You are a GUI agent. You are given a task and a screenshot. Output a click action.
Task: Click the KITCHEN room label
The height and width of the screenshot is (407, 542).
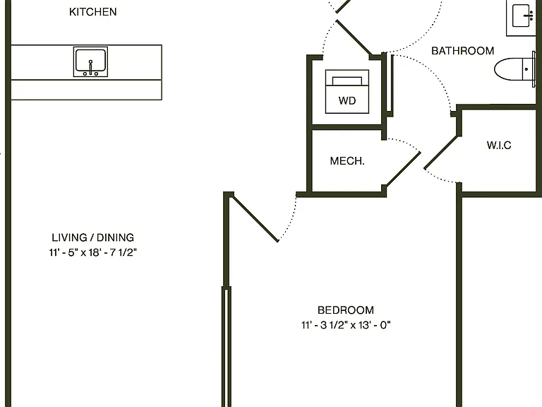92,12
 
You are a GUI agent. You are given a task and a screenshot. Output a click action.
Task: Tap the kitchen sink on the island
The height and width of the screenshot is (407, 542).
90,61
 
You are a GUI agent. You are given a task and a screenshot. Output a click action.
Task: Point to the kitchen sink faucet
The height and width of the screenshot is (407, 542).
90,67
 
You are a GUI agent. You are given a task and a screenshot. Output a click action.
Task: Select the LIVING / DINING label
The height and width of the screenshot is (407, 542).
92,237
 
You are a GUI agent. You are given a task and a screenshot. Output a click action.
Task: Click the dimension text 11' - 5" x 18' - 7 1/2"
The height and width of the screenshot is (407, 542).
92,252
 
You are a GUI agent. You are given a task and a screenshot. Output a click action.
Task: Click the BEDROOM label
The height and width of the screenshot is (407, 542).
346,309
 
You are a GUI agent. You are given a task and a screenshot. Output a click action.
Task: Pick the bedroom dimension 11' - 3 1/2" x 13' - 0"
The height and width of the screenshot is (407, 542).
346,325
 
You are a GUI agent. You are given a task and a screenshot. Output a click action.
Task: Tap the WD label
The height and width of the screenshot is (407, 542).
347,101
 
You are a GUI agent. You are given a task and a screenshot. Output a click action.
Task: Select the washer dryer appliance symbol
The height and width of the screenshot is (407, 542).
347,91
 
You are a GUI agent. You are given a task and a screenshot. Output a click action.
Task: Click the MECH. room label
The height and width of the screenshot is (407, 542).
347,161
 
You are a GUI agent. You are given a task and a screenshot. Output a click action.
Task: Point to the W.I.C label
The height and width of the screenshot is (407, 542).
499,145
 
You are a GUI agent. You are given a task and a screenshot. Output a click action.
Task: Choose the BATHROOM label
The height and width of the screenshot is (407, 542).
462,51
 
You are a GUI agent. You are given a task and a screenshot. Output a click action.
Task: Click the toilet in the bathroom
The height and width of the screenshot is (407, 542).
514,69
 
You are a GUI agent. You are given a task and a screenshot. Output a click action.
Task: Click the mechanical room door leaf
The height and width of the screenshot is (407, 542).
403,170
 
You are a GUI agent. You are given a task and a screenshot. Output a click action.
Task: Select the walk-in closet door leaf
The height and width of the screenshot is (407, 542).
441,153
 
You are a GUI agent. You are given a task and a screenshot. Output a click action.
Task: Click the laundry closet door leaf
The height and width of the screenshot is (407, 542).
354,37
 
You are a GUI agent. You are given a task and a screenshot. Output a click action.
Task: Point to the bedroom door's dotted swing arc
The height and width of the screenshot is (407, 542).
290,219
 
